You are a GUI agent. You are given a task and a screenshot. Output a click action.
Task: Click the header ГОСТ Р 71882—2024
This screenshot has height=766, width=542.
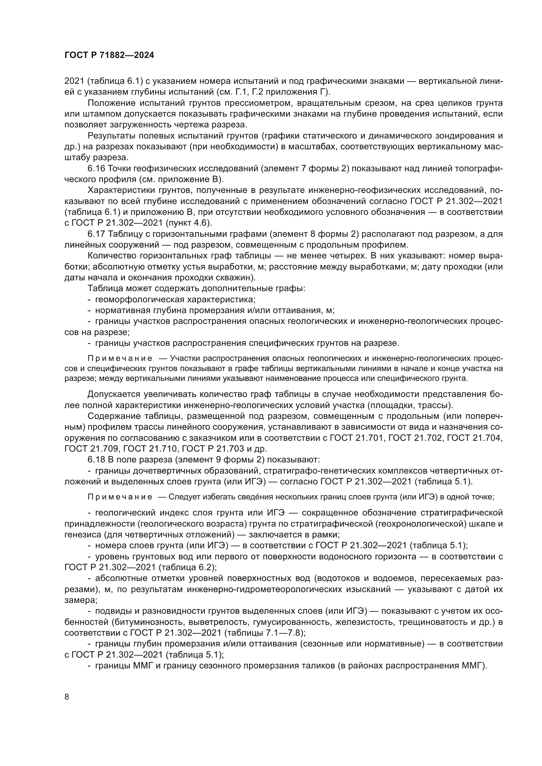click(x=109, y=55)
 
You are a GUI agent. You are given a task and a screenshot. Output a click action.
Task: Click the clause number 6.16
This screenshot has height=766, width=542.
click(x=96, y=168)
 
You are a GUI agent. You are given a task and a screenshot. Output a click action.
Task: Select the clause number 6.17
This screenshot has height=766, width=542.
click(x=96, y=234)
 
